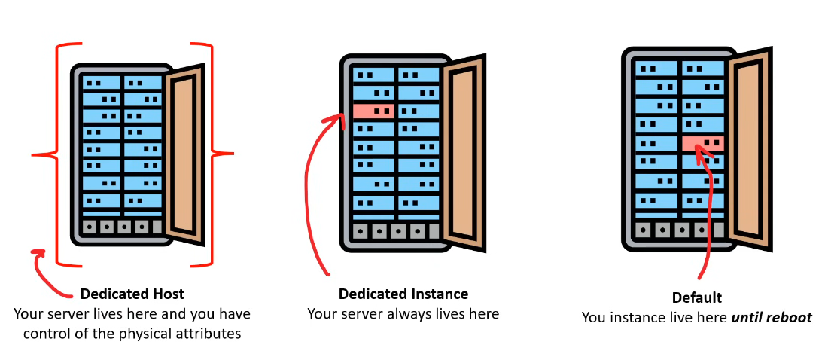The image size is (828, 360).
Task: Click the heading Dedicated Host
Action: (x=132, y=294)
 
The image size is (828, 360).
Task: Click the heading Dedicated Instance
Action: (x=403, y=294)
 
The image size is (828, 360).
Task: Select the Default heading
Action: (x=696, y=297)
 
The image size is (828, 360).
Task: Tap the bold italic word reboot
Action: (x=789, y=318)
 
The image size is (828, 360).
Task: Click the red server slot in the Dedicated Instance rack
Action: (x=373, y=111)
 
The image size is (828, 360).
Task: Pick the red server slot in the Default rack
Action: (x=703, y=142)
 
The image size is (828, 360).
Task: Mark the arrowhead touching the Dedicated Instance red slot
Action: (x=336, y=117)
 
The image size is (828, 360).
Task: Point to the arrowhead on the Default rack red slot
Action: (x=699, y=151)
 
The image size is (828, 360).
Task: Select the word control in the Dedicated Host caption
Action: (x=46, y=333)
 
